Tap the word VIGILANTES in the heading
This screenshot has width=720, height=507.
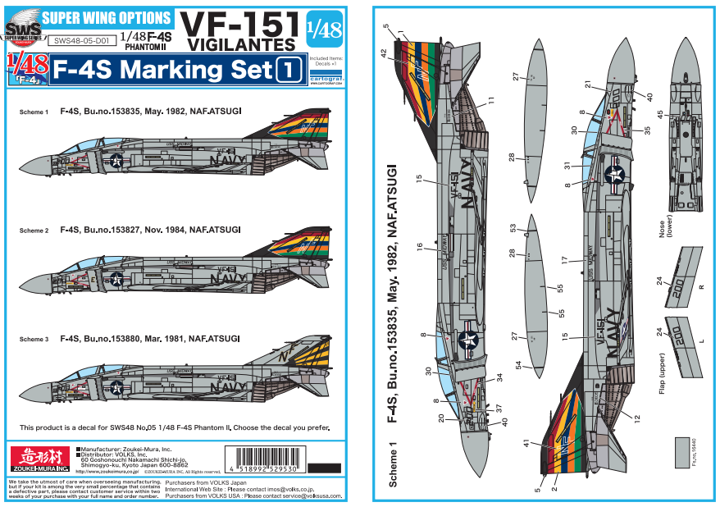pos(240,43)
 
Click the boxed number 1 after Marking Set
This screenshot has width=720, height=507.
pos(288,71)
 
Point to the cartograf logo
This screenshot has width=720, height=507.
pos(328,71)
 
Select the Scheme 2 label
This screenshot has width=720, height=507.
pos(34,231)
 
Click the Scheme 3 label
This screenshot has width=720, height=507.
pos(34,338)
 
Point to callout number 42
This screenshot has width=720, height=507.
pos(384,52)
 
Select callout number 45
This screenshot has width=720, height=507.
pos(660,114)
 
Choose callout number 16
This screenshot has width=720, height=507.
pos(419,246)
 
